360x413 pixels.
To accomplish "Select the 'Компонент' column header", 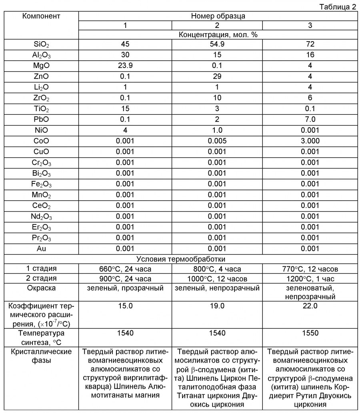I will click(41, 16).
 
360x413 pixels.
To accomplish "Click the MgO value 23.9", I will click(125, 66).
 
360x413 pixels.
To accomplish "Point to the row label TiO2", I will click(41, 109).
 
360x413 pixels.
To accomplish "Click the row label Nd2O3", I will click(41, 217).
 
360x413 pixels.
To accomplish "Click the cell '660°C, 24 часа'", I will click(125, 269).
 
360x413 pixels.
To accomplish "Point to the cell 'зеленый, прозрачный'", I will click(125, 288).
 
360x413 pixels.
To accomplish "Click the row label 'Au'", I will click(41, 249).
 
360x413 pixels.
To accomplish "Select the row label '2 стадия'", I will click(41, 278).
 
